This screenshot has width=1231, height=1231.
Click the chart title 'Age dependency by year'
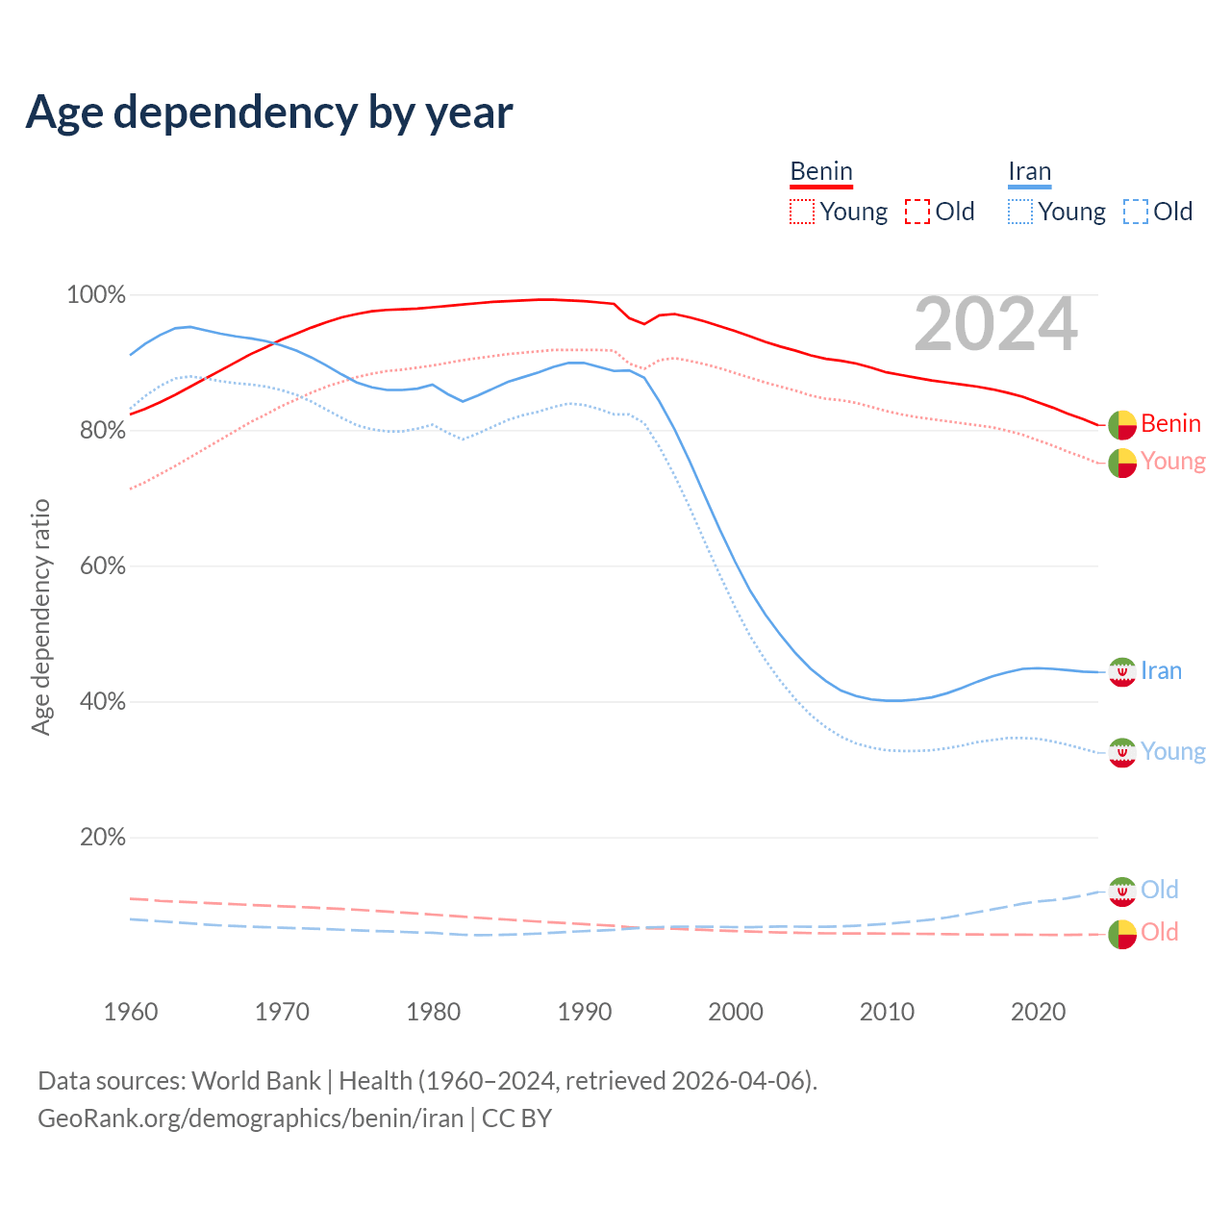click(269, 113)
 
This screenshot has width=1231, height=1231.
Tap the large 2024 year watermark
click(995, 324)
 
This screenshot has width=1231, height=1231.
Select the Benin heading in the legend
click(821, 172)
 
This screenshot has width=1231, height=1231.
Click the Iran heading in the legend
click(1029, 172)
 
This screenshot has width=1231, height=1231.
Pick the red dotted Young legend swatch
click(801, 212)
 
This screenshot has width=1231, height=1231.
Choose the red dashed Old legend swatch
click(917, 212)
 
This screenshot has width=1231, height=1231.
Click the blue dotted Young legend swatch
click(1019, 212)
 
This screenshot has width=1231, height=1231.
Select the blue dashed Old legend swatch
click(1135, 212)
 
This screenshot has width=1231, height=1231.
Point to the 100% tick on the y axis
click(96, 295)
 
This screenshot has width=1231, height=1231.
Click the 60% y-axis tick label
click(102, 566)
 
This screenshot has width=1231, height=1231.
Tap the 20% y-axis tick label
click(102, 838)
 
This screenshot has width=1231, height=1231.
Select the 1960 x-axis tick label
click(131, 1012)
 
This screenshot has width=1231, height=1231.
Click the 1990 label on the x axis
click(585, 1012)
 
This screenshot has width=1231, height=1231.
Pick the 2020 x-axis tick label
click(1039, 1012)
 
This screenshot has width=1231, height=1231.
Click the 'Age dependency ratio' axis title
click(40, 616)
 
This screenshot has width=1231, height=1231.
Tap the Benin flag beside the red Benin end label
click(1121, 424)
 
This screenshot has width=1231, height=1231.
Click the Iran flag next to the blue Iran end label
click(1121, 671)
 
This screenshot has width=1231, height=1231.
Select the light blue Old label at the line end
click(1159, 890)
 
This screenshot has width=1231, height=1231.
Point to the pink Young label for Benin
click(1173, 462)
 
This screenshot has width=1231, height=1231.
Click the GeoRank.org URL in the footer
click(250, 1118)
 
